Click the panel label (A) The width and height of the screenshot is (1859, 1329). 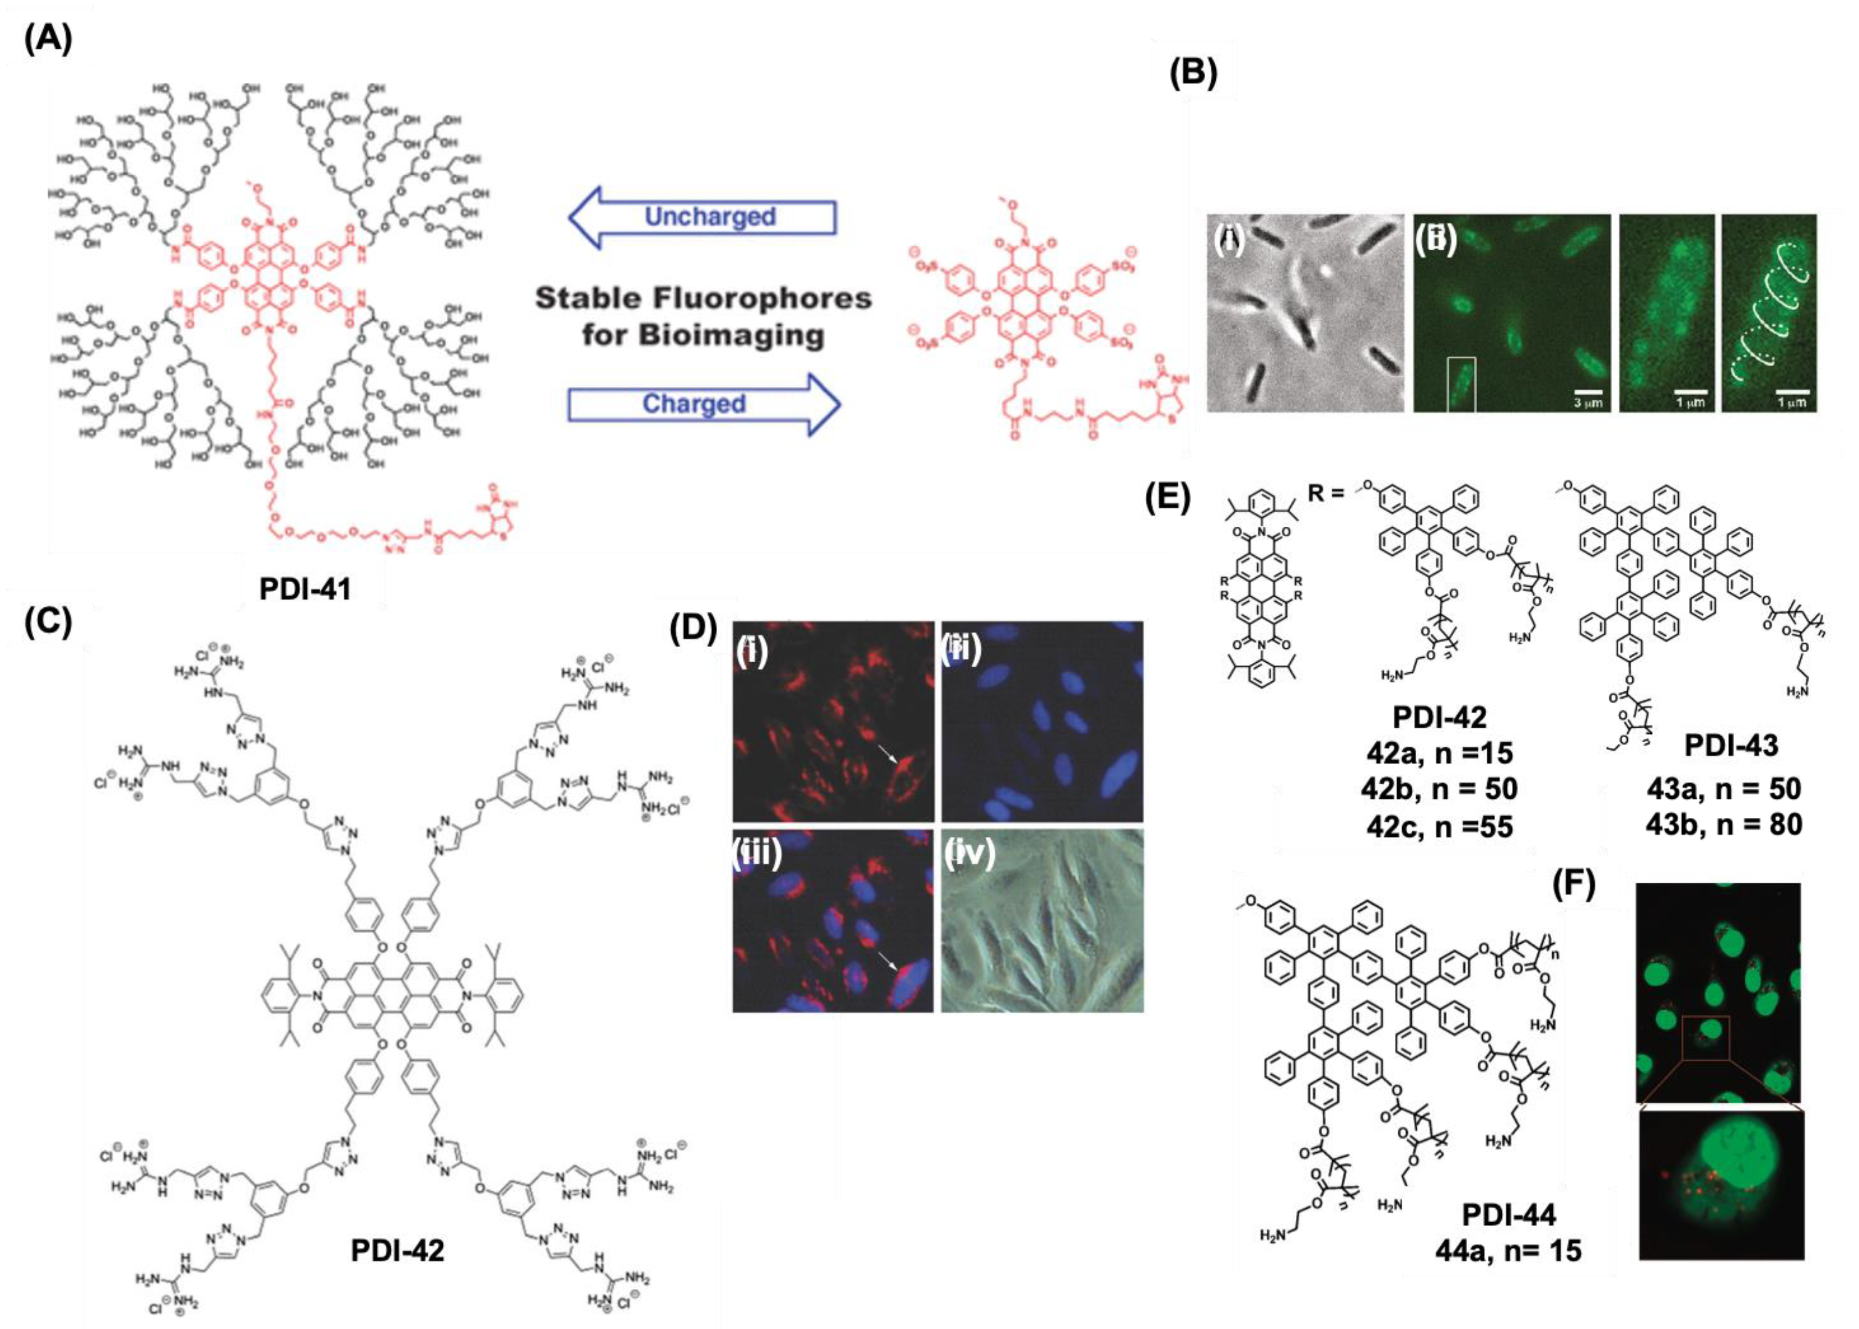coord(47,38)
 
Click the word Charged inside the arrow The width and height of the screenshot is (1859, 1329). coord(694,403)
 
